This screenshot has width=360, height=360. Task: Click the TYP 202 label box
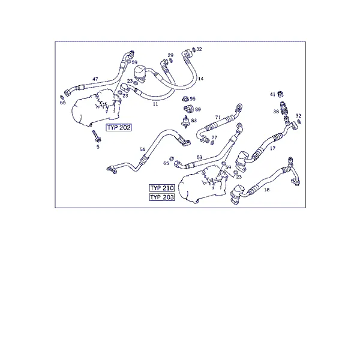point(119,127)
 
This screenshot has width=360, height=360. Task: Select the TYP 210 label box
point(162,188)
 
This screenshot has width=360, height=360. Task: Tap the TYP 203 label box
point(162,197)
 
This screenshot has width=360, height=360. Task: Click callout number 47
point(95,79)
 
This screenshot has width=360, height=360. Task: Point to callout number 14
point(200,79)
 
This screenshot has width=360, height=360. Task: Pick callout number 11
point(155,104)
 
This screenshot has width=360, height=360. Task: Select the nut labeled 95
point(185,99)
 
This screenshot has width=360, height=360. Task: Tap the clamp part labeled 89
point(188,109)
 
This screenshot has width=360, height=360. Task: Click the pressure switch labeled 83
point(185,122)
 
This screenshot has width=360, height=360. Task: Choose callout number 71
point(218,118)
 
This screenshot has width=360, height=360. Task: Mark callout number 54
point(142,149)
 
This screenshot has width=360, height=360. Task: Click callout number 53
point(200,157)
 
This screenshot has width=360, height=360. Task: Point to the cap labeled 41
point(280,94)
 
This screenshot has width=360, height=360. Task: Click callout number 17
point(272,148)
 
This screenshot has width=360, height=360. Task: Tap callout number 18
point(267,190)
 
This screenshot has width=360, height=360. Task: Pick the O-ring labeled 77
point(212,143)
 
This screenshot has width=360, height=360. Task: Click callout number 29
point(170,55)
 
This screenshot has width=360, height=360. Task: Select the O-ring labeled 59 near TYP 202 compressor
point(128,61)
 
